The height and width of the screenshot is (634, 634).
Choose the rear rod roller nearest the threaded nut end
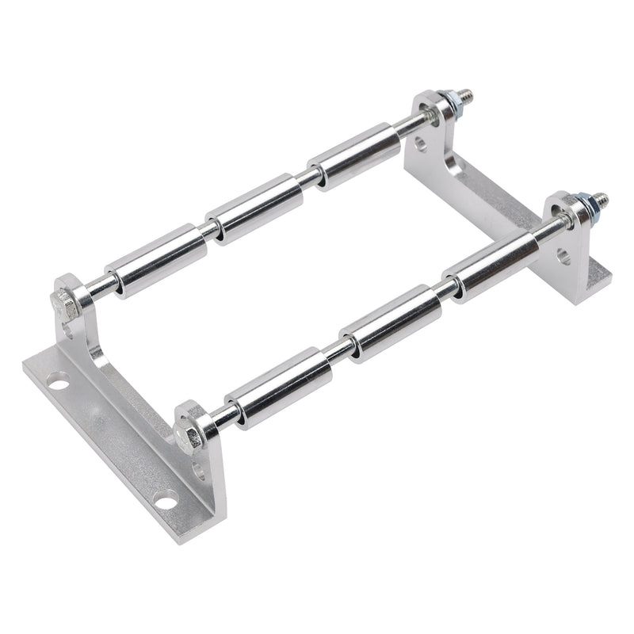point(354,155)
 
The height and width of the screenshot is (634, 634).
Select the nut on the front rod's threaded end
point(587,208)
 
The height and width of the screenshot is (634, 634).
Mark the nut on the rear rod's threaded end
point(451,104)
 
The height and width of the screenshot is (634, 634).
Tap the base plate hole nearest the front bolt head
point(165,500)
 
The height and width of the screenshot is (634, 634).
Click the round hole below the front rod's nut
point(563,255)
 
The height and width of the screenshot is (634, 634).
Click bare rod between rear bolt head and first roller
point(98,288)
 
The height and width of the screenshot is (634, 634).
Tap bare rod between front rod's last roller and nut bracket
point(548,230)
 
